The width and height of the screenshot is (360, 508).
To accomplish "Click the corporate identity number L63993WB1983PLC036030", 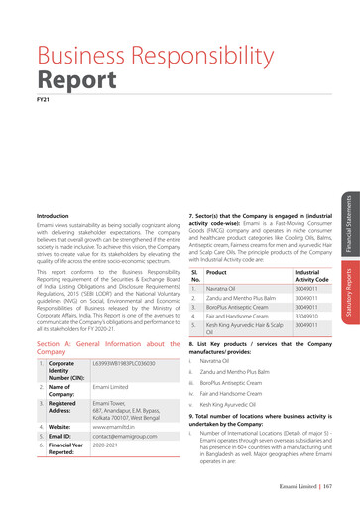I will (x=124, y=364).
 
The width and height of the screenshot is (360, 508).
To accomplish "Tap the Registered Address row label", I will (x=61, y=407).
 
